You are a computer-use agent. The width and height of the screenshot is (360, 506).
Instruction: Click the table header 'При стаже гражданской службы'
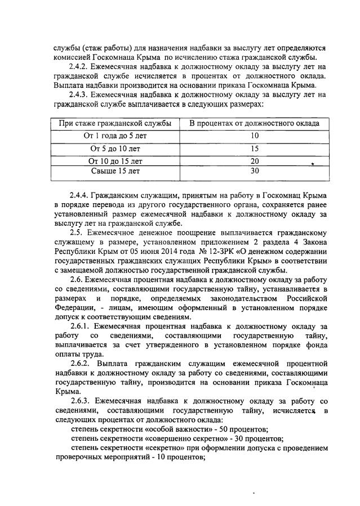click(112, 123)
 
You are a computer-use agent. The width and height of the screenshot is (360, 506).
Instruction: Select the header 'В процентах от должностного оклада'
click(254, 123)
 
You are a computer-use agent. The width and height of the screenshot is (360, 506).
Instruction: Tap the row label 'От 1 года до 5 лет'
click(112, 136)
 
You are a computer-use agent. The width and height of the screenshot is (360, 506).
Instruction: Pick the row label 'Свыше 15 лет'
click(112, 171)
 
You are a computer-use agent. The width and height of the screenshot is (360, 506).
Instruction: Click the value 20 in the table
click(254, 161)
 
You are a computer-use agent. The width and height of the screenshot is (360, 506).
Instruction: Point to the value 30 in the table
click(254, 171)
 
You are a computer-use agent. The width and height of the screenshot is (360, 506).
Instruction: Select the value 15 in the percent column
click(254, 149)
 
